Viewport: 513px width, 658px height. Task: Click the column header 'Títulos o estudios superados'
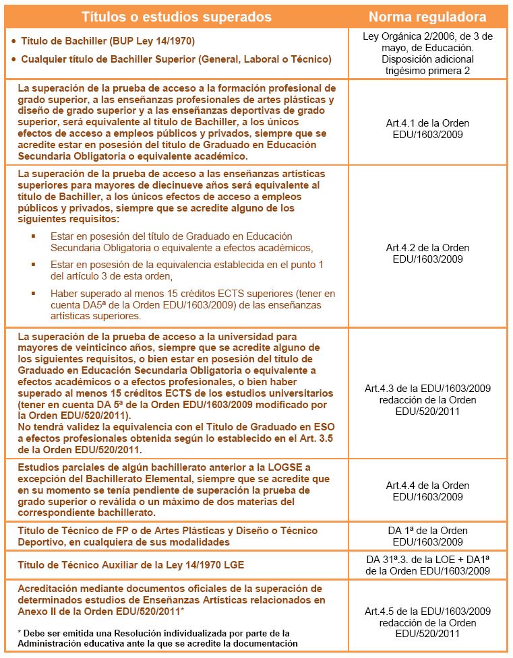click(176, 16)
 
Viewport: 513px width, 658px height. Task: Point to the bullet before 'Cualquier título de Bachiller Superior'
click(13, 60)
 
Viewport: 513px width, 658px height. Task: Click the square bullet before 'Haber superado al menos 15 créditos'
click(33, 294)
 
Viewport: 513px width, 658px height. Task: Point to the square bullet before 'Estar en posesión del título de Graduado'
click(33, 236)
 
